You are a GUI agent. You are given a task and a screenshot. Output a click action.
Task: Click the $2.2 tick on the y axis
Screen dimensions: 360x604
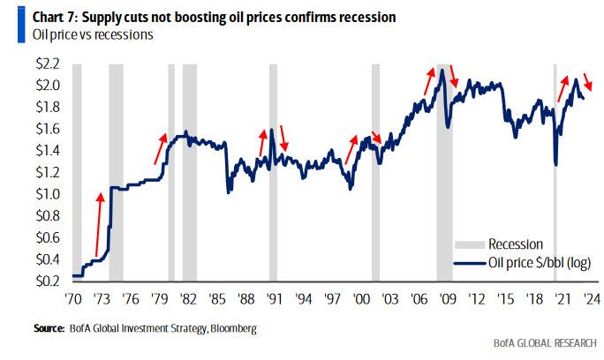48,64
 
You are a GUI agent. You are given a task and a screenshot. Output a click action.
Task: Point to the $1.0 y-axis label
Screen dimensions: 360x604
48,193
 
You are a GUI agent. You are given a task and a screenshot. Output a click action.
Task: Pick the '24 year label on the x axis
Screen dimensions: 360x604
585,298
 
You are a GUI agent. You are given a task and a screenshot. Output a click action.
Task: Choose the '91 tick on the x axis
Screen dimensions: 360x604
274,298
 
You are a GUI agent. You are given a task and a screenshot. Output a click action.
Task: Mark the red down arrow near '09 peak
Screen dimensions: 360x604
455,76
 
